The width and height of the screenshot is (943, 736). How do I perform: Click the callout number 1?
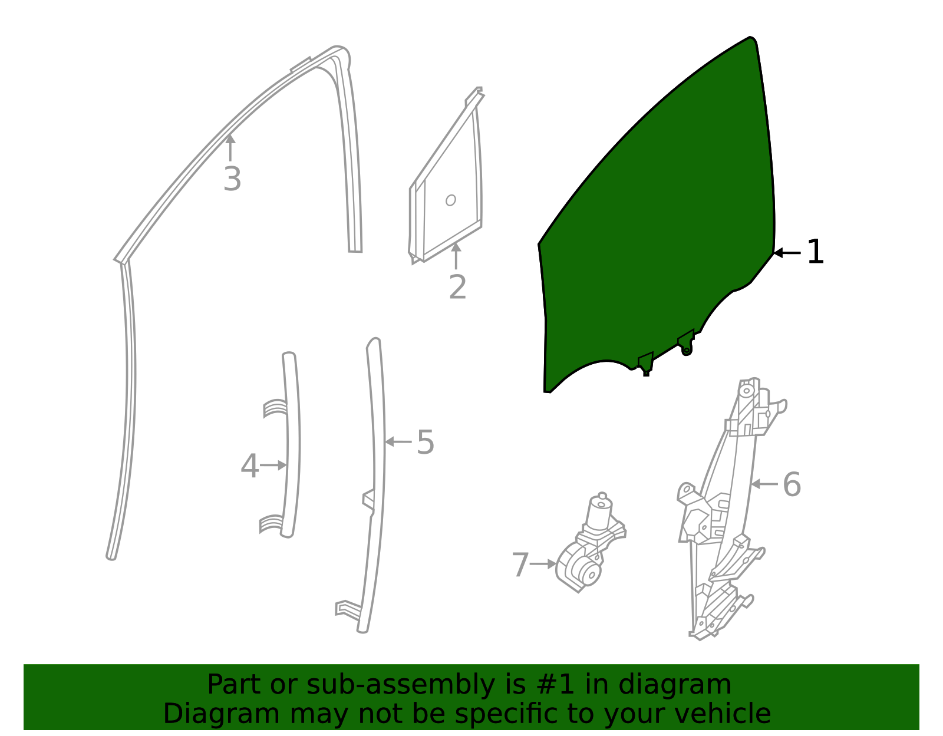(815, 252)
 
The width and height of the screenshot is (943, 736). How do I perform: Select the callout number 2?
(457, 288)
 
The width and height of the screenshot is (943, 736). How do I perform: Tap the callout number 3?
(232, 179)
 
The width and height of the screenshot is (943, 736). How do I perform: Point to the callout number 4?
(249, 467)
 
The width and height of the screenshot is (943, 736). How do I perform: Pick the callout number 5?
(426, 442)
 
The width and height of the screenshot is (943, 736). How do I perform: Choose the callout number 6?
(792, 485)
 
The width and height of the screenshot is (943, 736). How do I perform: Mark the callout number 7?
(520, 565)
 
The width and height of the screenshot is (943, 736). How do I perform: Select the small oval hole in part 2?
(451, 200)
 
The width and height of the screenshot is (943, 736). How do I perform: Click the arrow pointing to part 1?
(786, 253)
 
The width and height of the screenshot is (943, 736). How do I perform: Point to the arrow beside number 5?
(398, 441)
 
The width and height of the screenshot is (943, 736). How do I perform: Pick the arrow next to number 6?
(764, 484)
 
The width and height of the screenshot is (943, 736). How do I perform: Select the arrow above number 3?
(230, 147)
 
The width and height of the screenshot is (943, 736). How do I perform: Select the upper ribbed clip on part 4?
(275, 408)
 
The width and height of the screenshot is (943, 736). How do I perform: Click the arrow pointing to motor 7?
(543, 564)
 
